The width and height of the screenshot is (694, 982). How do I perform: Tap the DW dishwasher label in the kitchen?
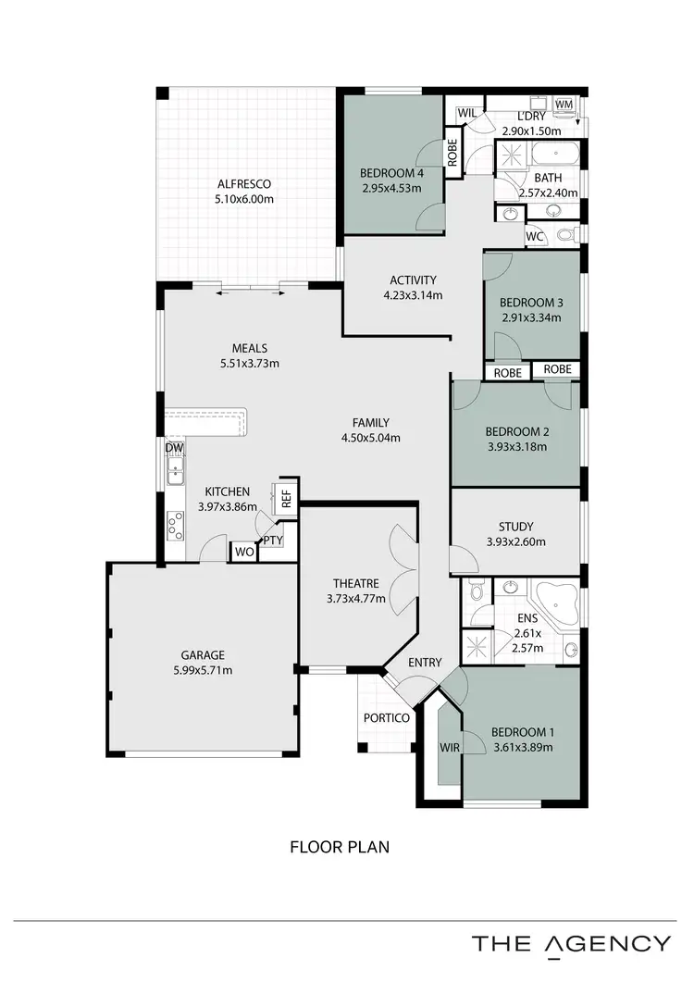[x=174, y=448]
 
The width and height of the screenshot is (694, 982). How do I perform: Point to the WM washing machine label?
[x=564, y=105]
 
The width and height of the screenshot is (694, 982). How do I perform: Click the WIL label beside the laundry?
[x=467, y=113]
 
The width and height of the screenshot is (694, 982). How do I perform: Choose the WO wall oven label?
[x=243, y=552]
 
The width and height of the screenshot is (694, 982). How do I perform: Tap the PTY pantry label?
[x=272, y=541]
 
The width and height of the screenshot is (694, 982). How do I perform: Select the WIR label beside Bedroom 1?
[x=451, y=746]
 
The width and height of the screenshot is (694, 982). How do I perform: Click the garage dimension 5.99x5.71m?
[x=202, y=670]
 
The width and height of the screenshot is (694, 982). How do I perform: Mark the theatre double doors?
[x=404, y=570]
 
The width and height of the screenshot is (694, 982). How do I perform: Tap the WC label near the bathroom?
[x=534, y=236]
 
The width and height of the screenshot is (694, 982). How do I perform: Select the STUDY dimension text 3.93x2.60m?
[x=515, y=542]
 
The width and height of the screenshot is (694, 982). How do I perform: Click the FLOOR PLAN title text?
[x=339, y=846]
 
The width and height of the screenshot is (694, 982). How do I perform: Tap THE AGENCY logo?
[x=571, y=944]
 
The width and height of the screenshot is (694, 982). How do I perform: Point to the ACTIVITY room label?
[x=413, y=280]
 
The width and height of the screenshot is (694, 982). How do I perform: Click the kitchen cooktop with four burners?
[x=174, y=526]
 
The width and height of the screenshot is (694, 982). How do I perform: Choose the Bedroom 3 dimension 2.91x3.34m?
[x=532, y=317]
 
